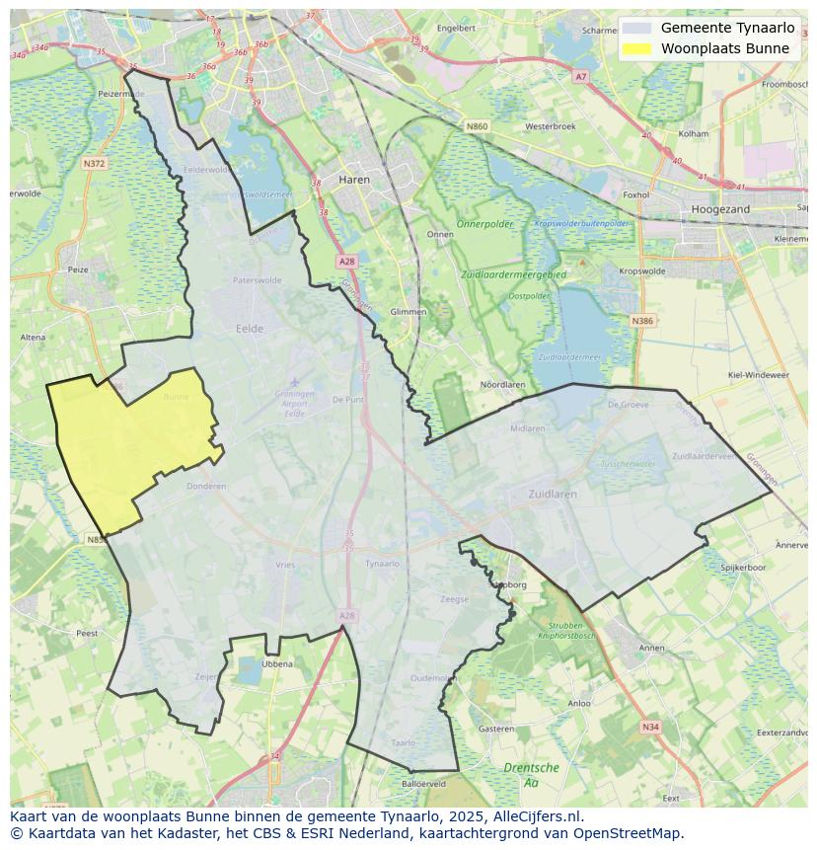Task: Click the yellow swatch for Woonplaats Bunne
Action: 637,48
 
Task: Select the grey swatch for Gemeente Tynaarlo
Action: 637,28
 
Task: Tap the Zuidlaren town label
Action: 551,493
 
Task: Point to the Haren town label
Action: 354,180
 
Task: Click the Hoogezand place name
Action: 720,209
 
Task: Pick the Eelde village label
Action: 250,329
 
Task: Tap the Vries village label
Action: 285,565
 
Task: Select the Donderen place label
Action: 206,486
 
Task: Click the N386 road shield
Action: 642,321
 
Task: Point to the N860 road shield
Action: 477,126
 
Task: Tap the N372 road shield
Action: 94,164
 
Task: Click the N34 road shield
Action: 649,727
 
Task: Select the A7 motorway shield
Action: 580,76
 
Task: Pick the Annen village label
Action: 652,648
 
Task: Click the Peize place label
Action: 77,269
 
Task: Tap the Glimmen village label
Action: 408,311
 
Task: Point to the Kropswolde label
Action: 642,270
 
